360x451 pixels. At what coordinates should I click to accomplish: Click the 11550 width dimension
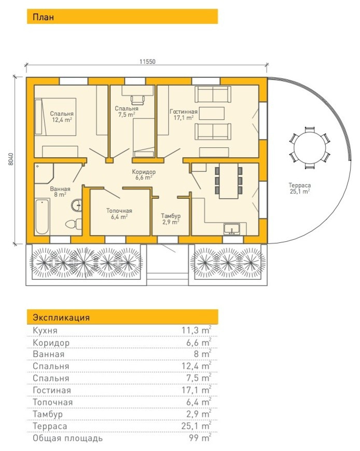coord(147,62)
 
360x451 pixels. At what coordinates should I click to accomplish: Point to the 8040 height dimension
coord(11,159)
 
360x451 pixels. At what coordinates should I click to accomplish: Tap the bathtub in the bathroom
coord(42,216)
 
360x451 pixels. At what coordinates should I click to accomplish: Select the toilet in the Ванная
coord(73,224)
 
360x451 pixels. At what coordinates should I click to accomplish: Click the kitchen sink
coord(232,229)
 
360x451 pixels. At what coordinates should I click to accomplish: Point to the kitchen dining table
coord(229,181)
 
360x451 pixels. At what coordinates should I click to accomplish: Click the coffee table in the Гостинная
coord(212,113)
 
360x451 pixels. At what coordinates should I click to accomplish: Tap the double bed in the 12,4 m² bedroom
coord(56,116)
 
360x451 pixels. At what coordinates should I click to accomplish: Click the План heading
coord(43,17)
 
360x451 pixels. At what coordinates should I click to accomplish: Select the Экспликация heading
coord(61,318)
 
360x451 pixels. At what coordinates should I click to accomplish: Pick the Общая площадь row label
coord(67,439)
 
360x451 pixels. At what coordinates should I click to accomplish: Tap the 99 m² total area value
coord(200,438)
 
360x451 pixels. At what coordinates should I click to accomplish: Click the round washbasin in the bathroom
coord(76,205)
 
